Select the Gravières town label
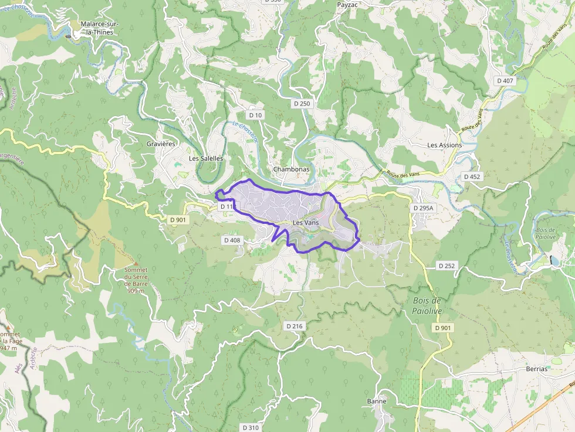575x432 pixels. [x=161, y=144]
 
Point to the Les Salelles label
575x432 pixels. [x=205, y=158]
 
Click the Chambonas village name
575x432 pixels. [x=291, y=169]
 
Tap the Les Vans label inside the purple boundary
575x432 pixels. [x=305, y=223]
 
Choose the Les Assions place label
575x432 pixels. [x=444, y=145]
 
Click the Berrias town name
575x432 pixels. [x=536, y=369]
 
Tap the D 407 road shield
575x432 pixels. [x=505, y=80]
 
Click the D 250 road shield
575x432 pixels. [x=302, y=103]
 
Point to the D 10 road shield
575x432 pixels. [x=255, y=115]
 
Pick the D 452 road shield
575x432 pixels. [x=472, y=176]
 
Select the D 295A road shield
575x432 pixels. [x=422, y=208]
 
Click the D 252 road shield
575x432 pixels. [x=447, y=266]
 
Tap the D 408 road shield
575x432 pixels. [x=232, y=240]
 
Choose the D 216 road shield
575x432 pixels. [x=295, y=325]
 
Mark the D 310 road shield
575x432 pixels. [x=250, y=427]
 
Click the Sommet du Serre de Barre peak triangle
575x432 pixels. [x=136, y=263]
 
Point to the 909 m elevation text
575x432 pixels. [x=136, y=291]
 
